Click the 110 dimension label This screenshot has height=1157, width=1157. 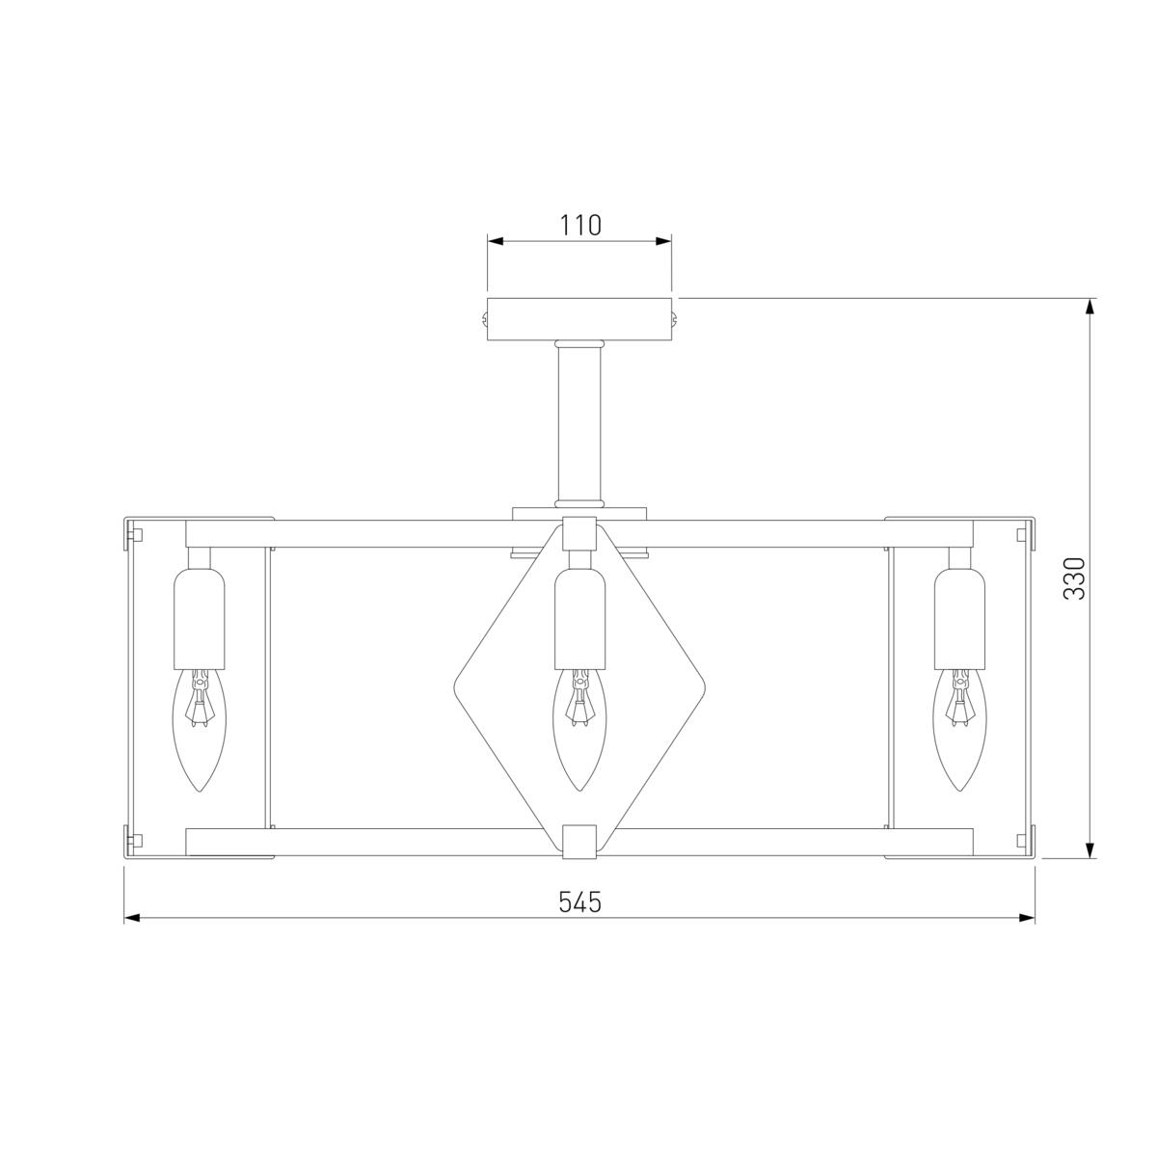(x=580, y=226)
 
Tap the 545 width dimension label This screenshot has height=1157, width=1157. (x=579, y=901)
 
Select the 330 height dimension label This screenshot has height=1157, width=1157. (x=1075, y=578)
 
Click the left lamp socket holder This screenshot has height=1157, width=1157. (x=200, y=618)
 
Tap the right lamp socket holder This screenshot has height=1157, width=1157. (x=959, y=618)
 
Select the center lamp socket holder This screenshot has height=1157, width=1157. (x=579, y=618)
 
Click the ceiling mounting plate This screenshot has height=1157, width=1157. (x=578, y=319)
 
